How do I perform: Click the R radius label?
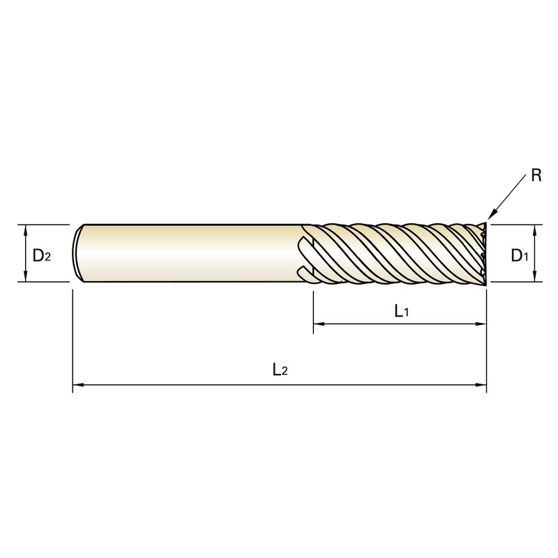[x=536, y=175]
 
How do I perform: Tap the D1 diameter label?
[x=520, y=255]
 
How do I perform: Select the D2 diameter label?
[x=42, y=255]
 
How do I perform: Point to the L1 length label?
[x=402, y=311]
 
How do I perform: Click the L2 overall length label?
[x=280, y=370]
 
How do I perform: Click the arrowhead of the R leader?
[x=491, y=216]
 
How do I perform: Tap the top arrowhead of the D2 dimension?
[x=25, y=230]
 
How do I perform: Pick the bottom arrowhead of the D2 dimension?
[x=25, y=276]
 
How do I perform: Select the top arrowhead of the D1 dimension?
[x=534, y=230]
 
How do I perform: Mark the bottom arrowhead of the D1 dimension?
[x=534, y=276]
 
